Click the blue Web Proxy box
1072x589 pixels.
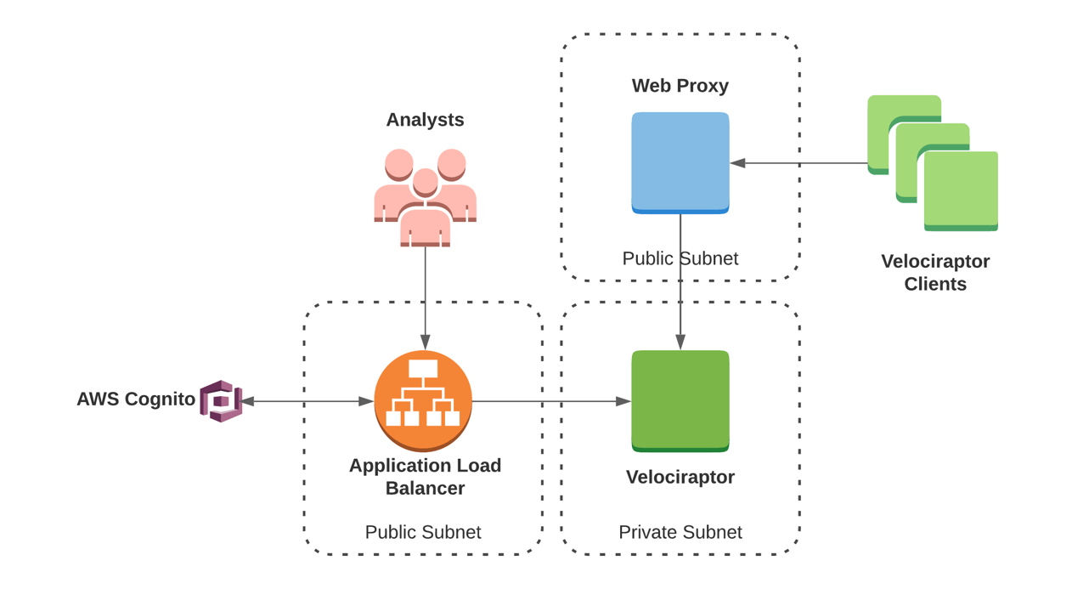680,161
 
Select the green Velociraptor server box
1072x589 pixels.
680,399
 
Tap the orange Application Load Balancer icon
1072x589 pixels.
423,399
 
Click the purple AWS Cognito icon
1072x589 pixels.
221,401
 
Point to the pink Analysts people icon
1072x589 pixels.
425,197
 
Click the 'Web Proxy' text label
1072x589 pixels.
680,86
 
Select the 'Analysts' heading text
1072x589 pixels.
425,120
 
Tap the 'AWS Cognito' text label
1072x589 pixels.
136,399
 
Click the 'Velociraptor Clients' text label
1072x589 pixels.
934,272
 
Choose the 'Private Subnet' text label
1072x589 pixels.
680,532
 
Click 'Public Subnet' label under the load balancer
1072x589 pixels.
423,532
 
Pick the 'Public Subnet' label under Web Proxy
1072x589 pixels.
680,258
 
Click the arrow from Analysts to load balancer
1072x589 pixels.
425,297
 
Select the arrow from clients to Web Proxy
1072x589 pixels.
798,163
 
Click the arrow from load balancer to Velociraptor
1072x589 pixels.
552,401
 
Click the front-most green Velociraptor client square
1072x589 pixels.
961,190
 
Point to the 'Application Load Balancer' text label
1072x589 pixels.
425,477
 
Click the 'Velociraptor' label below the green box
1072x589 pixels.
680,477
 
